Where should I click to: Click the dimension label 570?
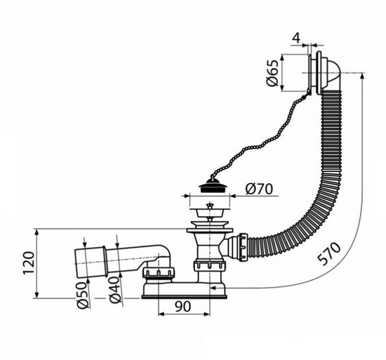click(329, 253)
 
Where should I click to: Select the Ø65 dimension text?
click(273, 73)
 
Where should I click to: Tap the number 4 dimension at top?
click(297, 38)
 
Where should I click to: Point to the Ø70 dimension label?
click(259, 189)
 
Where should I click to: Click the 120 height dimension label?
click(29, 263)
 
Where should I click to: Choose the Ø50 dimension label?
click(83, 295)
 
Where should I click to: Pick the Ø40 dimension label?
click(115, 290)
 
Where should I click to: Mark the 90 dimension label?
click(183, 307)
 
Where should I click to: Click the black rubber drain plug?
click(210, 186)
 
